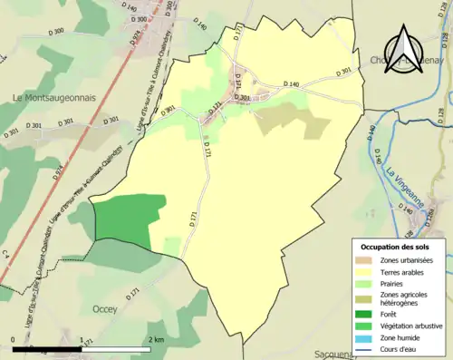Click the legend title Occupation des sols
click(400, 247)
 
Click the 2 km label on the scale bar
click(156, 340)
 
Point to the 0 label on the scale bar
click(14, 340)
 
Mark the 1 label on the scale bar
click(82, 340)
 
